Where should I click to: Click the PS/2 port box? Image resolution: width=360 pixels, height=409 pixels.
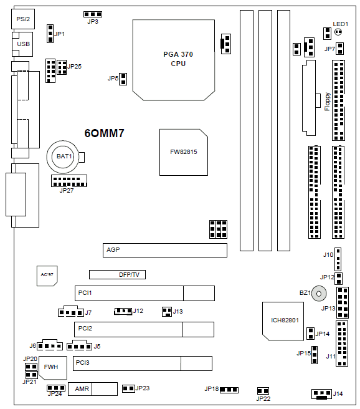[x=23, y=19]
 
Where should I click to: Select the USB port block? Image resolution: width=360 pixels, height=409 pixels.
[x=22, y=44]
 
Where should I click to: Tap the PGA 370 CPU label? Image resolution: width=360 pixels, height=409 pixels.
[x=178, y=59]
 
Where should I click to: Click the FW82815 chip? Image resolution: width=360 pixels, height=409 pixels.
[x=184, y=152]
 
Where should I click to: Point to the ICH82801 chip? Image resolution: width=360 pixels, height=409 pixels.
[x=283, y=321]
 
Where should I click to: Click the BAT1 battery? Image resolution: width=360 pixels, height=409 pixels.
[x=63, y=156]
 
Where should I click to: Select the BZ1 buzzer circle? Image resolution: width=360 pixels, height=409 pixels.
[x=319, y=294]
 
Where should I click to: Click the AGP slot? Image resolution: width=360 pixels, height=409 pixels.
[x=165, y=250]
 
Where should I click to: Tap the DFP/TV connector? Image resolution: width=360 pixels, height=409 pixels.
[x=117, y=274]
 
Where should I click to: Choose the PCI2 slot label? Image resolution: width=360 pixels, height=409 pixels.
[x=85, y=329]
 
